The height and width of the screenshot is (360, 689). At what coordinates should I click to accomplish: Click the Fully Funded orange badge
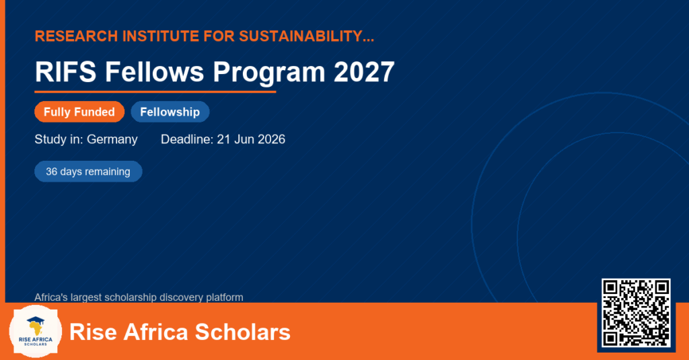pyautogui.click(x=79, y=112)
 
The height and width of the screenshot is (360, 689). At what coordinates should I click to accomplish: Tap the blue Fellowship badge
pyautogui.click(x=170, y=112)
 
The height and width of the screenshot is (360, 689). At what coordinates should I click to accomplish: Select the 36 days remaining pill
pyautogui.click(x=88, y=172)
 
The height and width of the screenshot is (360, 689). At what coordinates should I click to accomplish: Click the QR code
pyautogui.click(x=636, y=313)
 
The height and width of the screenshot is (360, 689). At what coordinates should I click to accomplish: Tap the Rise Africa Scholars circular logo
pyautogui.click(x=35, y=332)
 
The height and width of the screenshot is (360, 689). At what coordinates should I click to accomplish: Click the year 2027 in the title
pyautogui.click(x=364, y=71)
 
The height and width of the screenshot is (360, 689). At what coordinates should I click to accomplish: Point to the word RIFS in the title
pyautogui.click(x=65, y=71)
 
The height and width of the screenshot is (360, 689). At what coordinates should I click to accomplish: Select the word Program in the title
pyautogui.click(x=269, y=73)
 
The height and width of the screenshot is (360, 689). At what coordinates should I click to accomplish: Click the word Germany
pyautogui.click(x=112, y=140)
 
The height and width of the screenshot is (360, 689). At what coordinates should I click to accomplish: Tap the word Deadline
pyautogui.click(x=187, y=139)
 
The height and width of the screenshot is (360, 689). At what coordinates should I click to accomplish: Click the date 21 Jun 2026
pyautogui.click(x=251, y=139)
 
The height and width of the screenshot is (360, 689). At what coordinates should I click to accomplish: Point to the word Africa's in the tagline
pyautogui.click(x=51, y=297)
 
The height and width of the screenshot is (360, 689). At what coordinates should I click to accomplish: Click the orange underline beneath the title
pyautogui.click(x=155, y=92)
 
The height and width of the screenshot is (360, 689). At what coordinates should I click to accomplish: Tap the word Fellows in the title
pyautogui.click(x=155, y=71)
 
